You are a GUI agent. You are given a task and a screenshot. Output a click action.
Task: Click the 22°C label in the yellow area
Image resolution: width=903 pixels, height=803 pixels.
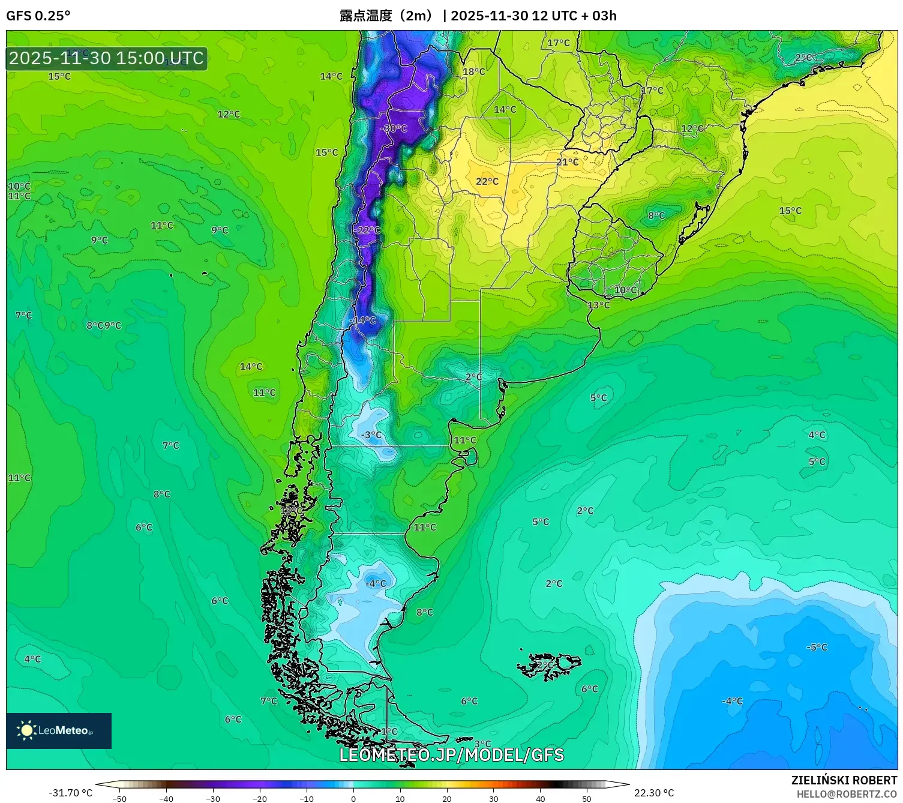[487, 181]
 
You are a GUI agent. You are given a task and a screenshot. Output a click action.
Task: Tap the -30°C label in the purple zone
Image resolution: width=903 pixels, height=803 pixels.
[394, 128]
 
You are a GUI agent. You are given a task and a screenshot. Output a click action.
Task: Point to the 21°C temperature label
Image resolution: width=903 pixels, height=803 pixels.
[567, 162]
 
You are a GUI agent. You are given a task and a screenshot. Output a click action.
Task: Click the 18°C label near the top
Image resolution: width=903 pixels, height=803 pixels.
[473, 71]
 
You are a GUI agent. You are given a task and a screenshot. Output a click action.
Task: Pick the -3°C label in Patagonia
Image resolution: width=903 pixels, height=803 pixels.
[371, 435]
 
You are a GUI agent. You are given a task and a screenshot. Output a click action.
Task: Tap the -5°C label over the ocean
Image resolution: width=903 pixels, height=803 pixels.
[816, 647]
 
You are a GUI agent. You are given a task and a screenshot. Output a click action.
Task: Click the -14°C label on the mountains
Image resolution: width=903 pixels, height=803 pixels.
[363, 320]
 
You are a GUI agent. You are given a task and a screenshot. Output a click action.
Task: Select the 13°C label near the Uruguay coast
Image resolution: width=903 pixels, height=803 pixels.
[598, 305]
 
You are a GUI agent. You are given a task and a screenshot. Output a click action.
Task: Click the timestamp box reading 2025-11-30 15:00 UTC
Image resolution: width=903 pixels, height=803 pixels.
[107, 58]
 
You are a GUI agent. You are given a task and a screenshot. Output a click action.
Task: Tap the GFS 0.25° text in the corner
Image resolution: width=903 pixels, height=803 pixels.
[38, 16]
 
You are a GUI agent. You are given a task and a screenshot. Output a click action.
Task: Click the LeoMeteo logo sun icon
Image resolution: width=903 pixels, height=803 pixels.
[26, 730]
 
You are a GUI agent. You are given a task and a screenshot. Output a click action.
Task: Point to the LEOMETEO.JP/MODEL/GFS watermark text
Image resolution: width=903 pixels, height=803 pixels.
[451, 754]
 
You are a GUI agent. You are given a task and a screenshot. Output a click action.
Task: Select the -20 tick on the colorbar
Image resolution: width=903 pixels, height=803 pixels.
[260, 798]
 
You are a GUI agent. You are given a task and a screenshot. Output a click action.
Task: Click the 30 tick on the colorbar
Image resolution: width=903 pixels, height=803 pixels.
[493, 798]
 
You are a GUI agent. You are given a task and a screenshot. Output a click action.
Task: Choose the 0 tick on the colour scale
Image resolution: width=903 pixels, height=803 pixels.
[353, 798]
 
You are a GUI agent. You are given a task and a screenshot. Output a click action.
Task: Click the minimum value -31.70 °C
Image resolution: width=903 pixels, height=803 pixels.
[70, 793]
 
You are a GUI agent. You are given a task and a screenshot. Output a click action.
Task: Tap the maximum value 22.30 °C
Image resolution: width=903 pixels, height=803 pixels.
[654, 793]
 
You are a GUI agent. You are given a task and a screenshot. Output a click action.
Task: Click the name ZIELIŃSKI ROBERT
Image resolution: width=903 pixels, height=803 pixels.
[844, 780]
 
